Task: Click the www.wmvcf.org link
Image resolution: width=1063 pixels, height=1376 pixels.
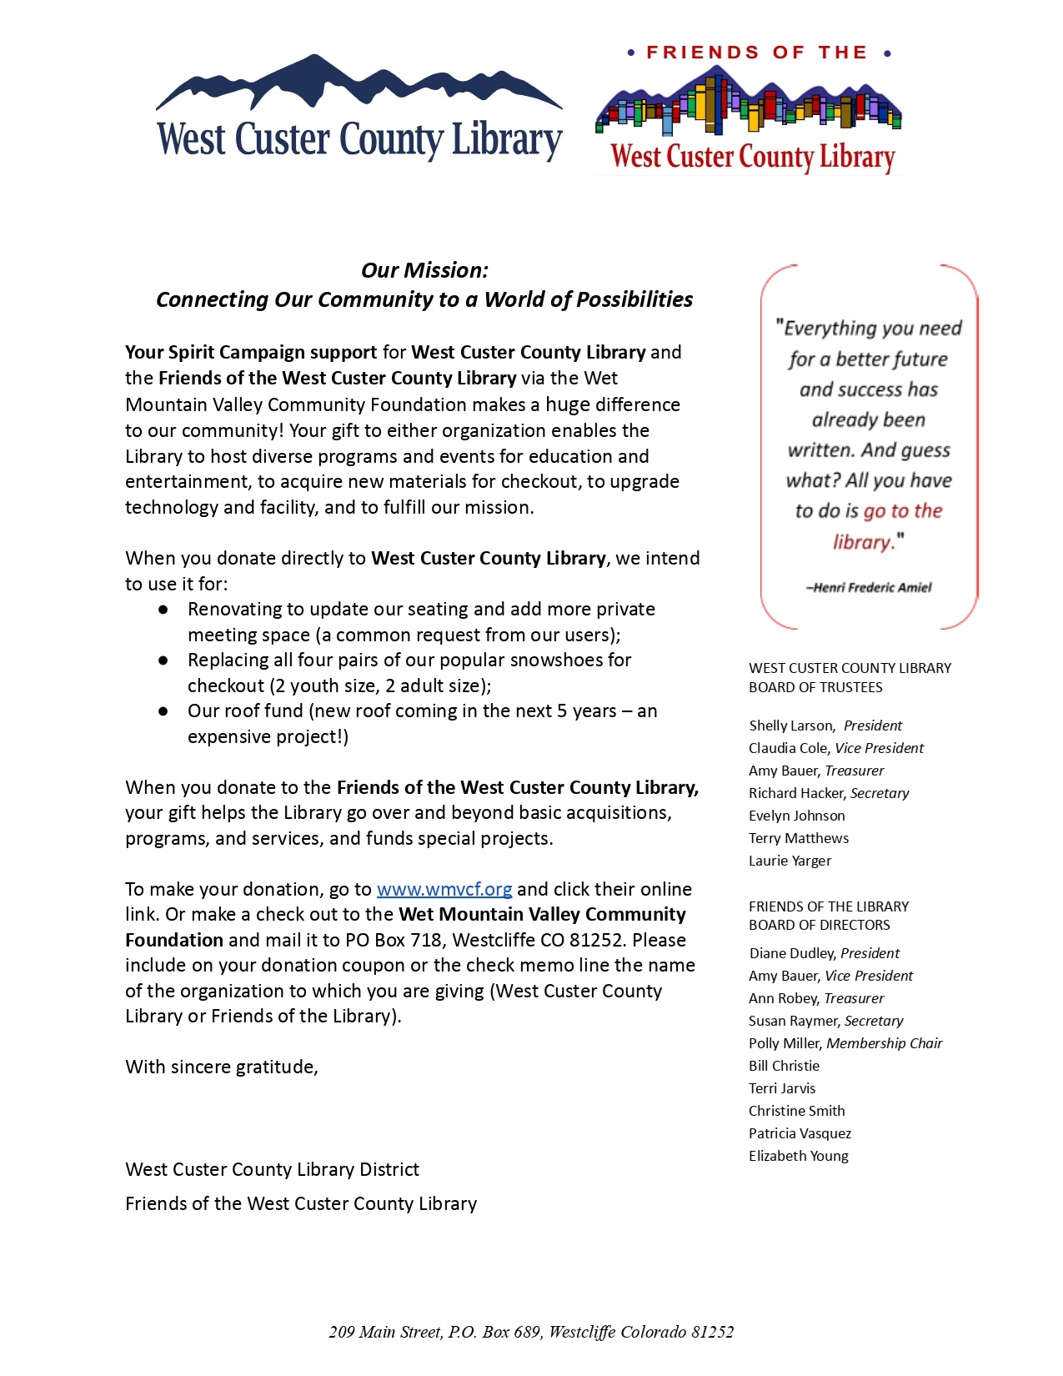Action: [x=444, y=890]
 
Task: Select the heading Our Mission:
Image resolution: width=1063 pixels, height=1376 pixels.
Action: [x=424, y=270]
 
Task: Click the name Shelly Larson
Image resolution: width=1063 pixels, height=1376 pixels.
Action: [x=790, y=726]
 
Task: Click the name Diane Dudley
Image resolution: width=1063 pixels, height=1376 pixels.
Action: [x=792, y=953]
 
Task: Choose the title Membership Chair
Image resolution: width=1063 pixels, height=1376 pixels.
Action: [x=884, y=1043]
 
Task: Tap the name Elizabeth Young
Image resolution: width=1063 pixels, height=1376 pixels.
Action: [x=798, y=1156]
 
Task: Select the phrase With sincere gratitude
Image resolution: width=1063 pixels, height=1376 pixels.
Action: [x=221, y=1067]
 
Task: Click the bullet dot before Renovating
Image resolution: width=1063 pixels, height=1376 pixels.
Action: [x=163, y=610]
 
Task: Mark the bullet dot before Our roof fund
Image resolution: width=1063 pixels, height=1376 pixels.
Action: [x=163, y=711]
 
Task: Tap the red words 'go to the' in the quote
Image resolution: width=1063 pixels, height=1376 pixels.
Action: [x=903, y=511]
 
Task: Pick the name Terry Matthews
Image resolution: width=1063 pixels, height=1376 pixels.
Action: [x=798, y=838]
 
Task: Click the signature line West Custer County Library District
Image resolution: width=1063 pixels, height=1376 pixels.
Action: [x=272, y=1170]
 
